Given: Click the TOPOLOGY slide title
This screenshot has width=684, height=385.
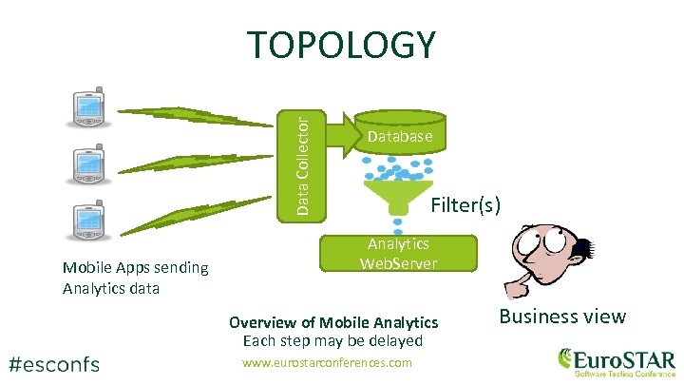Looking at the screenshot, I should pyautogui.click(x=341, y=45).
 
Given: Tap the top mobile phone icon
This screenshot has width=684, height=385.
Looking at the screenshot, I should pyautogui.click(x=88, y=108).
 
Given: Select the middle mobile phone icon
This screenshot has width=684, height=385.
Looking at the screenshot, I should pyautogui.click(x=88, y=164).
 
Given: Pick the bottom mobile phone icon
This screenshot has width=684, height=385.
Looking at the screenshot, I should pyautogui.click(x=88, y=222).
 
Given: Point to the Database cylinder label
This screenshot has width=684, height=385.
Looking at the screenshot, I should pyautogui.click(x=400, y=137).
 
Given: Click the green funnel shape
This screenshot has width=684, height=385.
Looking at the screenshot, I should pyautogui.click(x=399, y=195).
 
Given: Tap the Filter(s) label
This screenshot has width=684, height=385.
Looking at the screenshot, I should pyautogui.click(x=465, y=204).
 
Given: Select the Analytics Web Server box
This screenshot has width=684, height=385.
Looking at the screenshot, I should pyautogui.click(x=399, y=254).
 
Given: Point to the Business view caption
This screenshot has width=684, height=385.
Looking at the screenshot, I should pyautogui.click(x=563, y=317).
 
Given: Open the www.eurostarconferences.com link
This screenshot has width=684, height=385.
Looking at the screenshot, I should pyautogui.click(x=327, y=363).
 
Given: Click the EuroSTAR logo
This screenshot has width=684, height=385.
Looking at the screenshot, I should pyautogui.click(x=617, y=362).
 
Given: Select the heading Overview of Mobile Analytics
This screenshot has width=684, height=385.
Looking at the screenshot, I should pyautogui.click(x=333, y=322).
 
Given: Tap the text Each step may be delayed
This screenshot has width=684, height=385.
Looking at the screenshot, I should pyautogui.click(x=332, y=340).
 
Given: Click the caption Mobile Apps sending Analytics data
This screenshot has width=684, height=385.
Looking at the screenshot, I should pyautogui.click(x=135, y=277).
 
